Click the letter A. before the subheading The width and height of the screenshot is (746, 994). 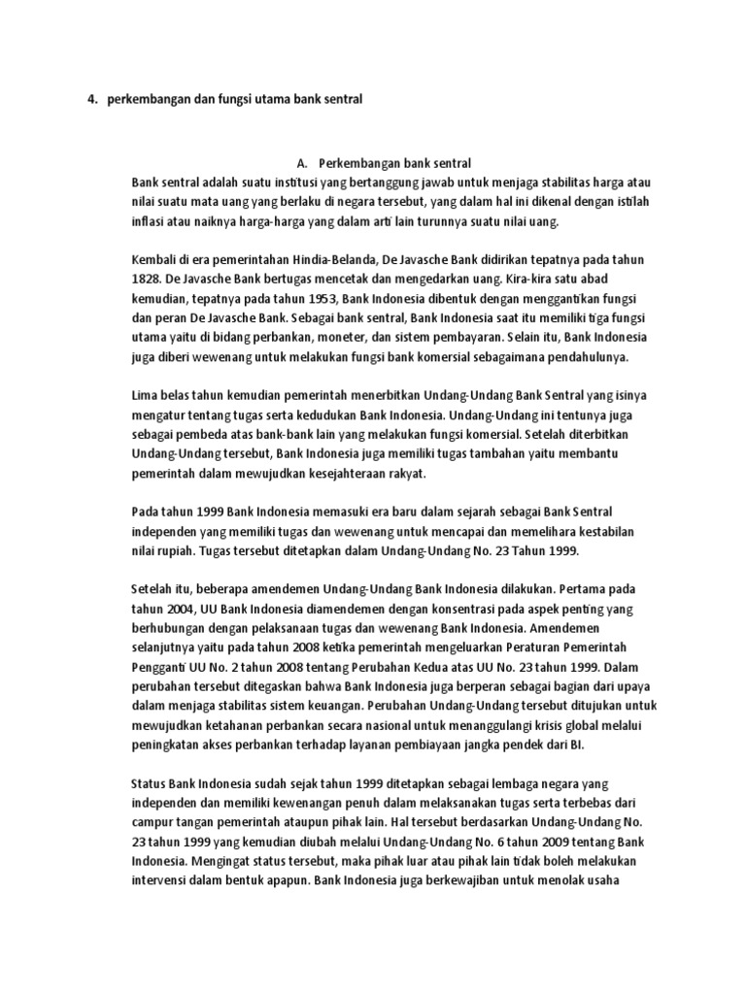tap(300, 162)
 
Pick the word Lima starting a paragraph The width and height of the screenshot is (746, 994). tap(146, 396)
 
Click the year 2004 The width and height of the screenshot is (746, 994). tap(179, 609)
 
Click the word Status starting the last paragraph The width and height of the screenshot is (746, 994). tap(149, 783)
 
